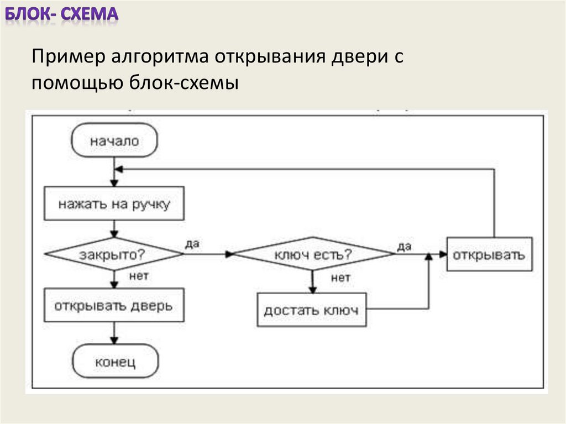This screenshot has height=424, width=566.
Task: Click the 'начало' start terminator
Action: point(114,141)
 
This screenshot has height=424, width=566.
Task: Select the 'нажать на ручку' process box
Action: point(114,203)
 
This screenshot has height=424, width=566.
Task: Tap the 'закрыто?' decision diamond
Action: point(114,254)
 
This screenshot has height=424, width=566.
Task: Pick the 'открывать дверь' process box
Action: point(114,305)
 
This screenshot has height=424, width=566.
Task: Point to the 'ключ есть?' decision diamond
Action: point(313,255)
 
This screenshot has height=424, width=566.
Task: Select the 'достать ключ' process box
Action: point(311,310)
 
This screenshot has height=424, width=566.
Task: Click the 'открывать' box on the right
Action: point(489,254)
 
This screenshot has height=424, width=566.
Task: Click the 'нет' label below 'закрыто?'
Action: point(138,275)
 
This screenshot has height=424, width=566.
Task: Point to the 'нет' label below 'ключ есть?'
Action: point(340,278)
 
